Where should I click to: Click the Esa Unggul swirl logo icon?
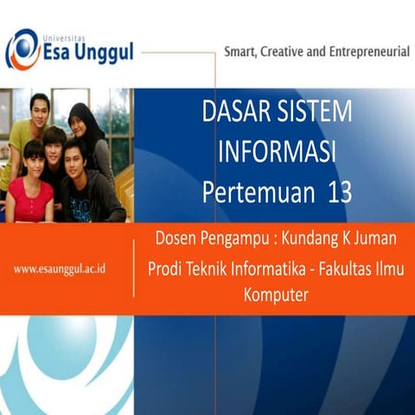(x=22, y=49)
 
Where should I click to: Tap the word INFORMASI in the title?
(x=276, y=151)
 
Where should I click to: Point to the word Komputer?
(x=276, y=295)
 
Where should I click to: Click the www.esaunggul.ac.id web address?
(x=60, y=269)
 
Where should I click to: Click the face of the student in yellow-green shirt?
(x=39, y=111)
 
